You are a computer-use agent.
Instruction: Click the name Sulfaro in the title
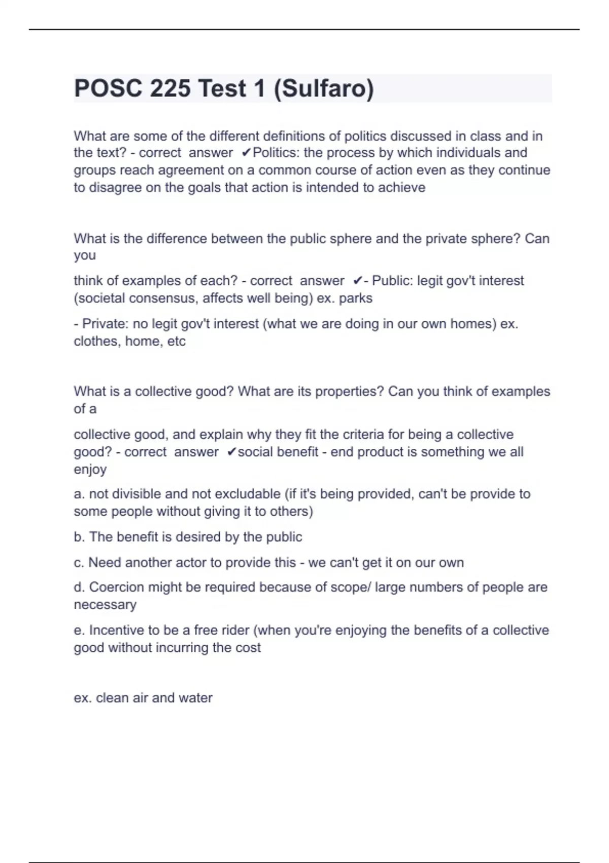(323, 88)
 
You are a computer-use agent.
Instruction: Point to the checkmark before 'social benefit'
(231, 452)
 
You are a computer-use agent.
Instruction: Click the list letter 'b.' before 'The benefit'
(80, 537)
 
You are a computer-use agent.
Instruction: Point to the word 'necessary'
(105, 605)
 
